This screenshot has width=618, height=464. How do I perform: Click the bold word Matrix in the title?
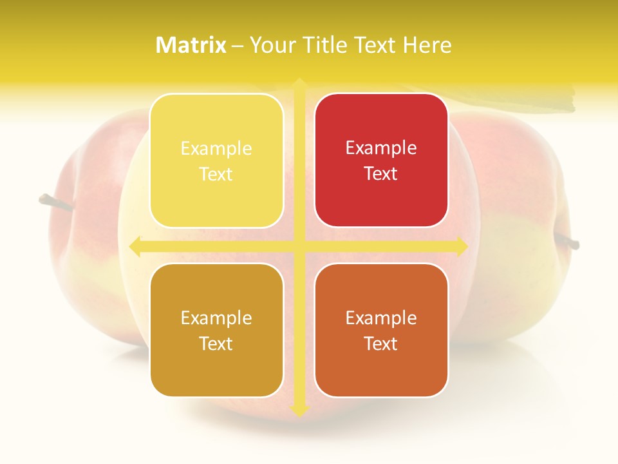pos(191,45)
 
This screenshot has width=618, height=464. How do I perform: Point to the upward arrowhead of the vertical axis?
pos(299,84)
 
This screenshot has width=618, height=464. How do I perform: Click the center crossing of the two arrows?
pos(299,246)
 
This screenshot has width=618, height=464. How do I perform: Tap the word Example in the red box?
pos(381,148)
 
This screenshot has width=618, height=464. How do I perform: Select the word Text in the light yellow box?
pos(216,175)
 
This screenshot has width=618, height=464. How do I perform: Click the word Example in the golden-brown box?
pos(216,318)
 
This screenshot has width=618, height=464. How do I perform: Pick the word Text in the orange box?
pos(381,343)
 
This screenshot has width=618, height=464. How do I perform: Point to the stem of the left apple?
pos(51,202)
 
